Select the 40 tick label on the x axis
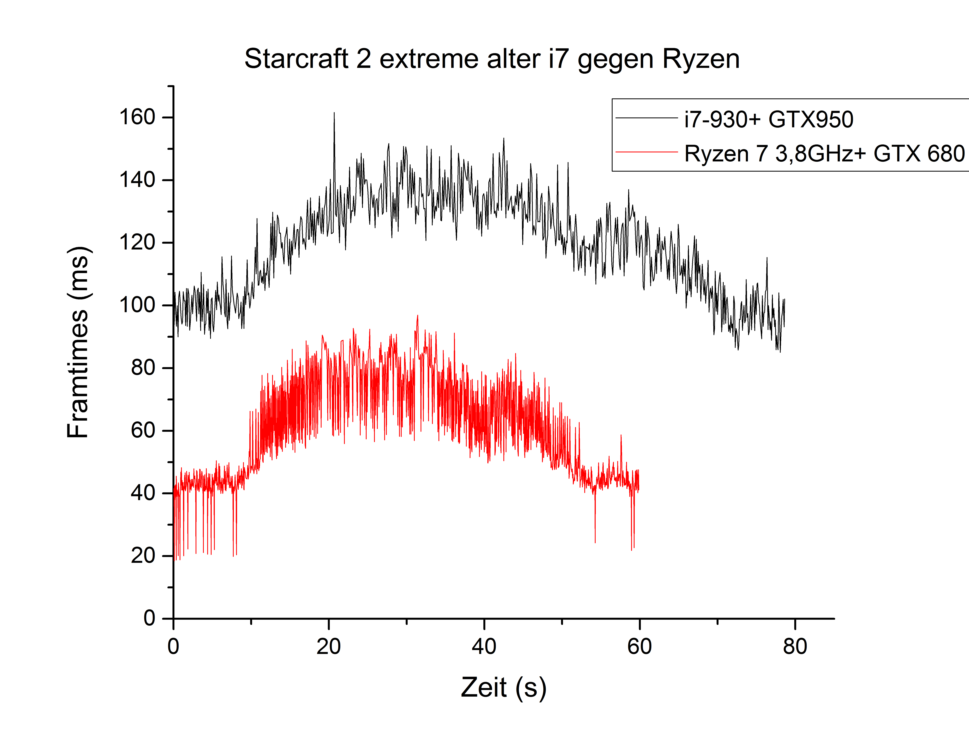(x=484, y=647)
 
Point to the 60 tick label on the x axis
(x=640, y=647)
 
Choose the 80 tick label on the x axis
(x=795, y=647)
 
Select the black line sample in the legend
(x=647, y=118)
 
